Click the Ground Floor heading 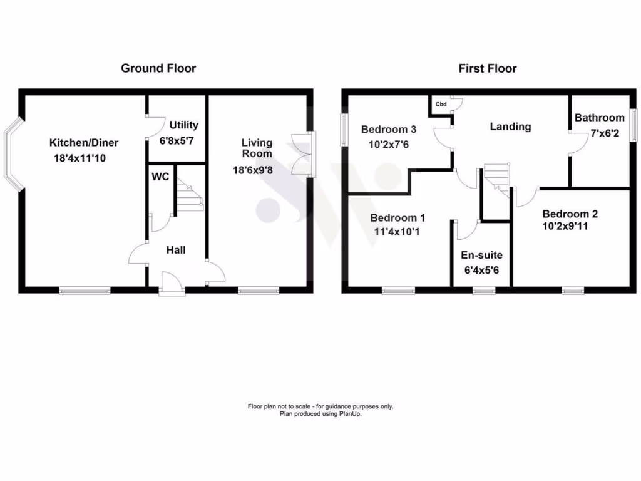158,68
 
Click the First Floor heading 488,68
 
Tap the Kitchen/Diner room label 84,143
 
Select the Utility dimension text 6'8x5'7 177,141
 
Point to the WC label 160,177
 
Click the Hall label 176,250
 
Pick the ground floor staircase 190,194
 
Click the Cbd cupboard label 441,104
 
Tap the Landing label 510,127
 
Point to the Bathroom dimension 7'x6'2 600,133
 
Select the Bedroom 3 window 345,128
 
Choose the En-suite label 481,256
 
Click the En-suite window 482,290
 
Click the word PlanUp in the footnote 351,414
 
